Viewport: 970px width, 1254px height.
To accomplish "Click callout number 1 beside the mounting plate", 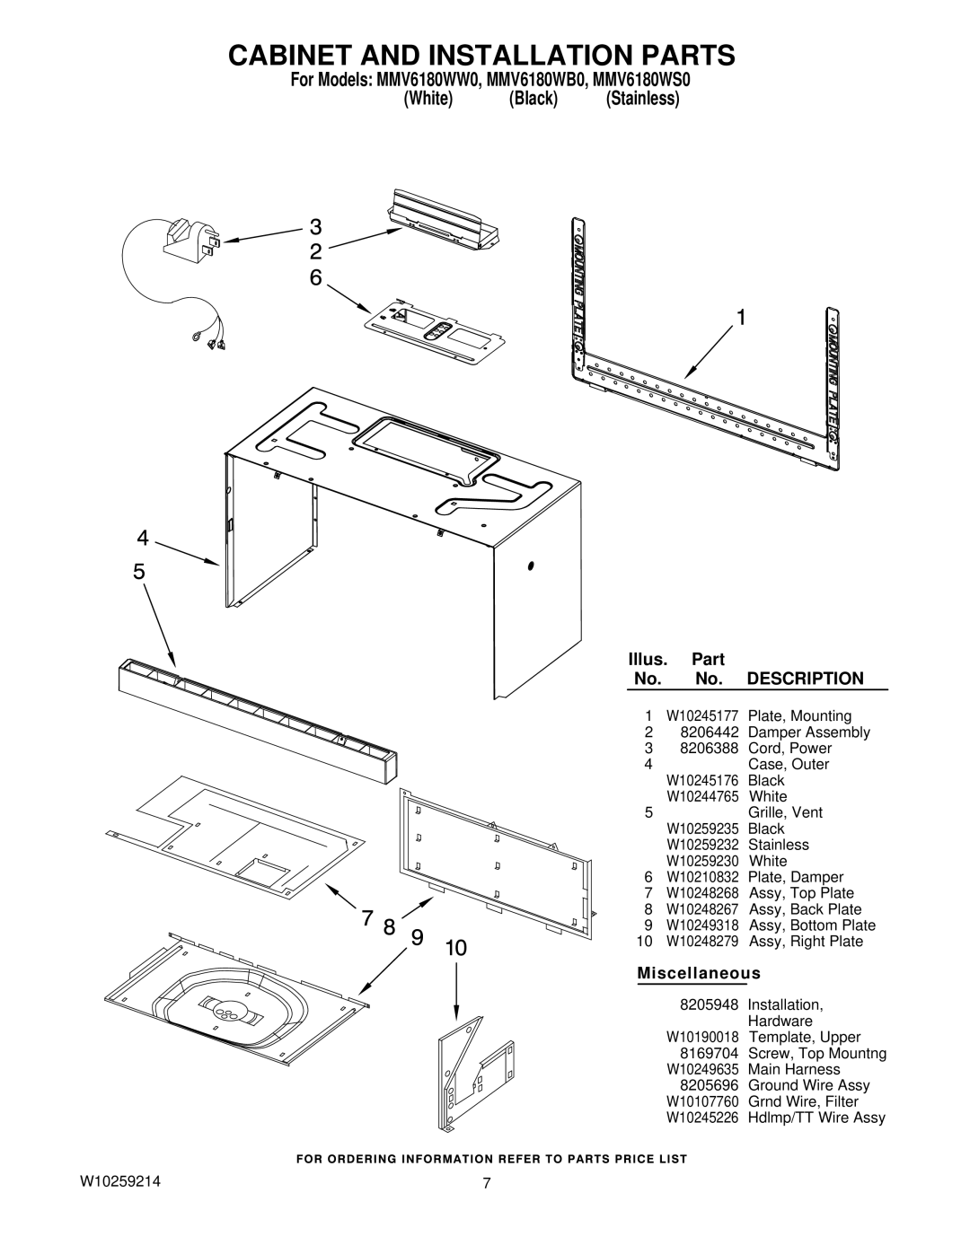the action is point(740,318).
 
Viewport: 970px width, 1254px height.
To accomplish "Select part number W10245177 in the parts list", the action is point(702,716).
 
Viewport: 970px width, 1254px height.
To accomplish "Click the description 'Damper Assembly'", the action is point(809,732).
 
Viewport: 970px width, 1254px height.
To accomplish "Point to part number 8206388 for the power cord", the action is point(709,749).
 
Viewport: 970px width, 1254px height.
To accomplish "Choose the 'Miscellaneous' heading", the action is point(699,973).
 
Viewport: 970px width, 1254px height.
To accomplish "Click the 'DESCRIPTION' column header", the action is point(806,678).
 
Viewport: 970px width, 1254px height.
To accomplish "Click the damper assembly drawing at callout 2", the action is point(445,220).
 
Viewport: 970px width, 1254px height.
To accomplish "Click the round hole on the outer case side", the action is point(531,566).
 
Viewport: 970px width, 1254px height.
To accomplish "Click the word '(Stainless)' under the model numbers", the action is point(643,99).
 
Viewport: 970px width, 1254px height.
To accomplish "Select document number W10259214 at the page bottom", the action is point(120,1181).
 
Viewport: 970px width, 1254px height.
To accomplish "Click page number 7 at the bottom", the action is point(487,1183).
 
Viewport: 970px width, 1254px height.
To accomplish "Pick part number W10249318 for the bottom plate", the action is point(702,925).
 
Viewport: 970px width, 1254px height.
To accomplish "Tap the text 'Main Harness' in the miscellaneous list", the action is point(794,1069).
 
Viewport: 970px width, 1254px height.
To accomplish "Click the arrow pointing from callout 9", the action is point(385,972).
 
